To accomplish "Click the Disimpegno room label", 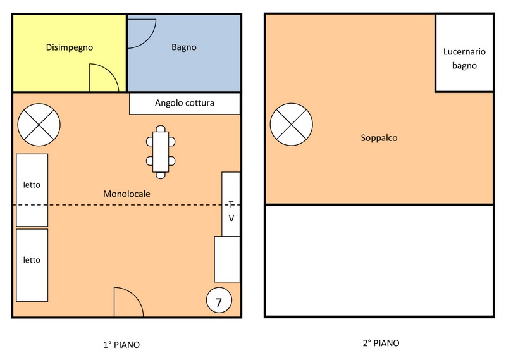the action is (x=70, y=47).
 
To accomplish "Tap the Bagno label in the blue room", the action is (x=184, y=47).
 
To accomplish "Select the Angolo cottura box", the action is (x=185, y=103).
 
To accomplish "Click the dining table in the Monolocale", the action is (x=161, y=152).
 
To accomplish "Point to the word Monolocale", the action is (x=126, y=194).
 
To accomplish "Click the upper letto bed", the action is (x=32, y=190).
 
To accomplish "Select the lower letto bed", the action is (x=32, y=265).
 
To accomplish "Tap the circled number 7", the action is (x=219, y=301).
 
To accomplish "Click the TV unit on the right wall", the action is (x=231, y=204).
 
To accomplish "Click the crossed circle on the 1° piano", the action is (x=39, y=125).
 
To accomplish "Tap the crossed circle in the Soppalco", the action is (x=292, y=125).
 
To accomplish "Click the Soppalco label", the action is (x=379, y=138).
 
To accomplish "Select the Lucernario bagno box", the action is (x=464, y=53).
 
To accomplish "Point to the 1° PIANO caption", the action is (x=121, y=345).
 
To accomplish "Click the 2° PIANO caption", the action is (x=381, y=343).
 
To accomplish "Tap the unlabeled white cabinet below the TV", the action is (x=227, y=259).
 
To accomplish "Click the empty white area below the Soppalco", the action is (x=379, y=261).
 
